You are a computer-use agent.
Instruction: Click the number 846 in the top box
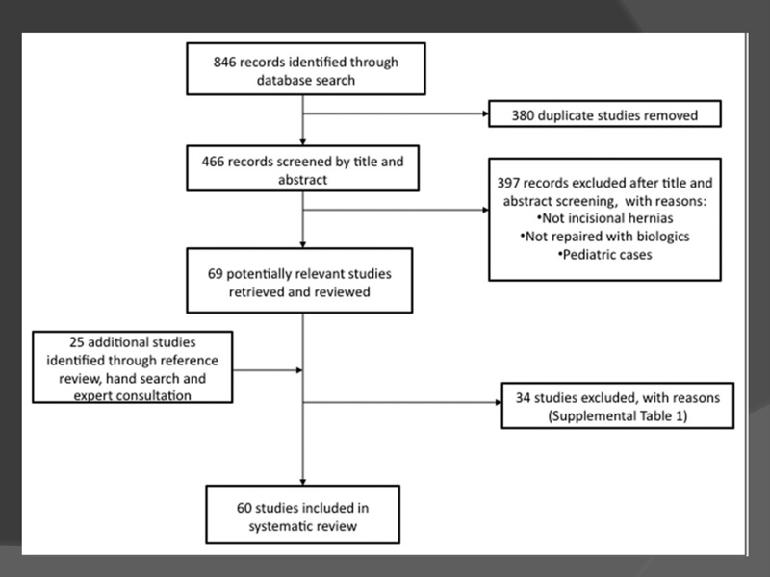pos(224,63)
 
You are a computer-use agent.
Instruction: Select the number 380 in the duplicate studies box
pos(523,115)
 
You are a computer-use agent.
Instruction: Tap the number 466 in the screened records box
pos(213,162)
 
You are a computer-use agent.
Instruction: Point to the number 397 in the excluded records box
pos(508,183)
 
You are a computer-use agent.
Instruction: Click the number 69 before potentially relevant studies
pos(215,274)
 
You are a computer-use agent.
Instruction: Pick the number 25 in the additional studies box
pos(77,342)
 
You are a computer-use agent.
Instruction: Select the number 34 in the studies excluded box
pos(523,398)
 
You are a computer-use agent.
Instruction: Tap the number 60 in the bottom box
pos(244,508)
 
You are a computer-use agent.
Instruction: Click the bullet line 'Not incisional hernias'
pos(605,218)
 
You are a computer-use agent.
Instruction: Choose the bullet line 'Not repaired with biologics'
pos(605,237)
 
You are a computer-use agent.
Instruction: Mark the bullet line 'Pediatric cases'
pos(605,255)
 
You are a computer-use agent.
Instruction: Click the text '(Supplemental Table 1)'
pos(618,416)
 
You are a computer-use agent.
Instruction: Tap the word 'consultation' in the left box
pos(133,396)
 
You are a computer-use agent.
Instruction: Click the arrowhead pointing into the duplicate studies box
pos(486,113)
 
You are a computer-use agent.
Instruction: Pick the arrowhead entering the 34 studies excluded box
pos(499,402)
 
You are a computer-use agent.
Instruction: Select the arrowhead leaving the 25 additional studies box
pos(299,370)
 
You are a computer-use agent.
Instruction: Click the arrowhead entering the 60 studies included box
pos(303,483)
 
